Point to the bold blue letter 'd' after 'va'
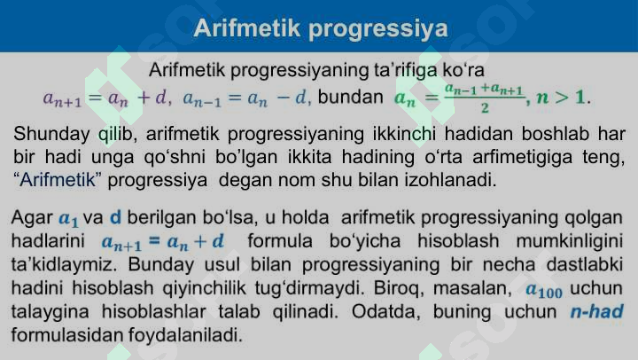pos(115,218)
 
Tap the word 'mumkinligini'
pos(572,241)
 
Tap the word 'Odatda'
pos(384,312)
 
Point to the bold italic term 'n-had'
pos(596,312)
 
